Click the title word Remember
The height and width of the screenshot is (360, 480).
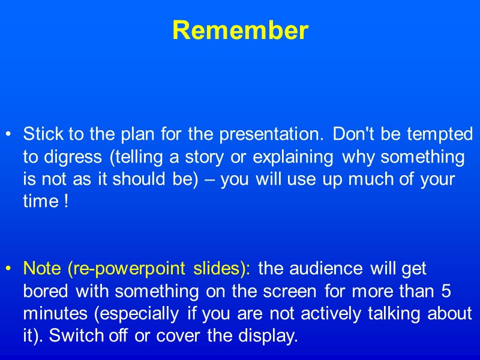tap(240, 31)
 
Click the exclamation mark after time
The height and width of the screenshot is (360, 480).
tap(65, 203)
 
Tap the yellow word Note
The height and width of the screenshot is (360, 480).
tap(42, 269)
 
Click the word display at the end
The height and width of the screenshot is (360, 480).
tap(268, 337)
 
